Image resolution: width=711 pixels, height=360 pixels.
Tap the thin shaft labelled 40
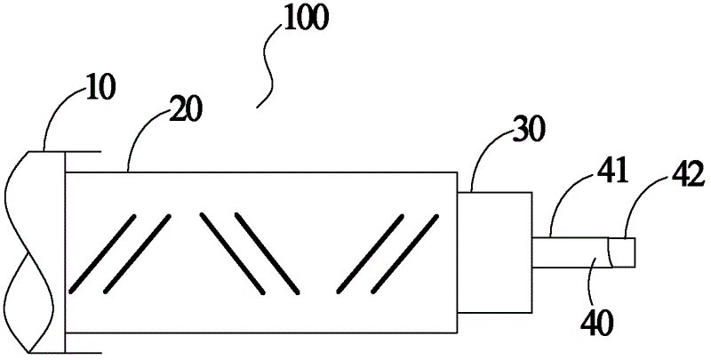pos(569,252)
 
